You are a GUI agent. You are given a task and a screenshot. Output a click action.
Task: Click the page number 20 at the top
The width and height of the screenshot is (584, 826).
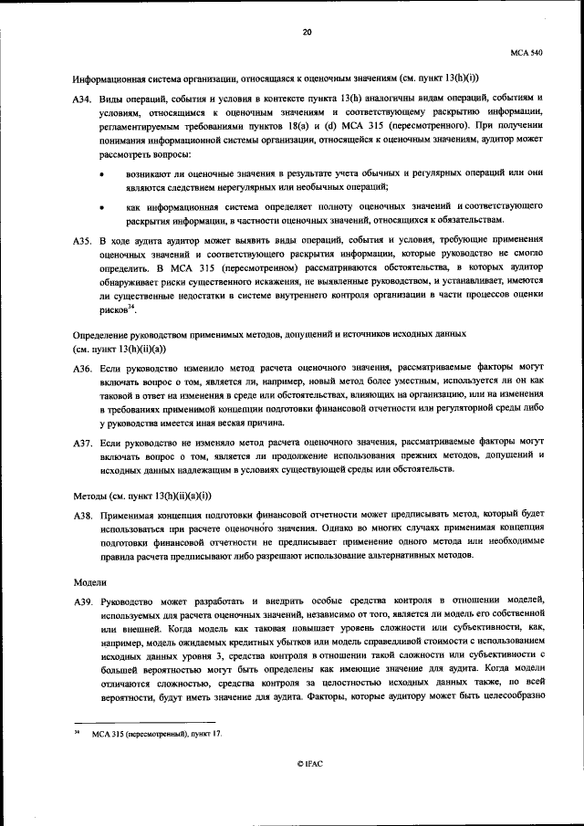(307, 32)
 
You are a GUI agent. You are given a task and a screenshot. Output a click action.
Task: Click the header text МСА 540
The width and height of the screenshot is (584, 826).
(526, 54)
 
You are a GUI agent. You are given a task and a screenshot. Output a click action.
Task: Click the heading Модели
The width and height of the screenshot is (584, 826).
(89, 580)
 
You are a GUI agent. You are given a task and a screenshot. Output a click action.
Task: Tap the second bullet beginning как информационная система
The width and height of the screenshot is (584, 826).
(100, 208)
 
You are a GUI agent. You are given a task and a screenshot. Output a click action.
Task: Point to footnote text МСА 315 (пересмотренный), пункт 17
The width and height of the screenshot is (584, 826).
(156, 734)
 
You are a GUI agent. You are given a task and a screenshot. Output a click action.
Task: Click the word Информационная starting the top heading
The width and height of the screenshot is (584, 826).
(109, 77)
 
